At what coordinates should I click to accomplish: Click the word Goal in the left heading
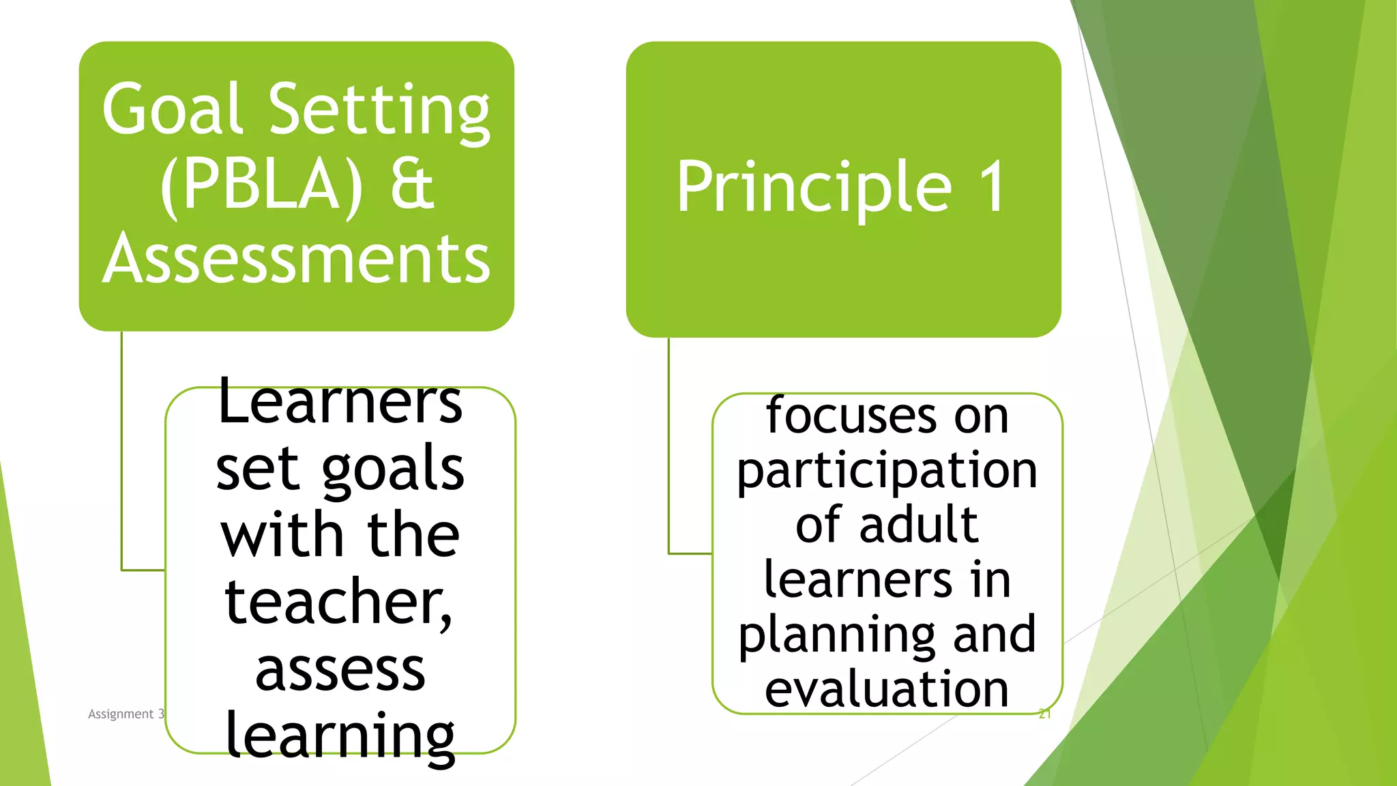click(173, 109)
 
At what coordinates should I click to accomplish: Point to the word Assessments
click(297, 259)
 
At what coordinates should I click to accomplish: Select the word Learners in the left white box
click(340, 402)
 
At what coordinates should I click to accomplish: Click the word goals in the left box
click(393, 469)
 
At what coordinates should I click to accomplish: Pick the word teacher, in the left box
click(338, 602)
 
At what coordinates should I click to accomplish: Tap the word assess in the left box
click(340, 670)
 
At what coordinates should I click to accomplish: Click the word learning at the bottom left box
click(340, 736)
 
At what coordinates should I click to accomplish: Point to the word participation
click(887, 471)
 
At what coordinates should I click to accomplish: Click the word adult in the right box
click(919, 525)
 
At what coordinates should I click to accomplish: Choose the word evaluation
click(887, 689)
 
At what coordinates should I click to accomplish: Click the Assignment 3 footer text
click(126, 714)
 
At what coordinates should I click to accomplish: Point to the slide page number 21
click(1044, 714)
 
